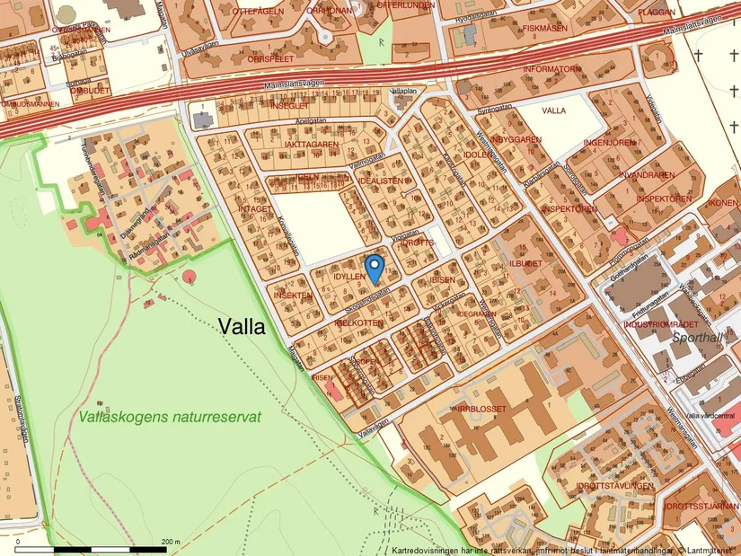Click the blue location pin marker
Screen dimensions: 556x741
point(375,267)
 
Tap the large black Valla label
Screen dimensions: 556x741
point(243,328)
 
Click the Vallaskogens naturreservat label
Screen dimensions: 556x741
point(170,417)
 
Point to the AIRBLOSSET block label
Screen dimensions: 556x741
point(481,409)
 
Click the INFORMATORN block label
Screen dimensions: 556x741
point(552,69)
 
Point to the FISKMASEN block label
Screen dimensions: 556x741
point(544,28)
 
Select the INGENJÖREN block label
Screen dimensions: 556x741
point(611,142)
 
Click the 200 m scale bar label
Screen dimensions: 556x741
point(170,542)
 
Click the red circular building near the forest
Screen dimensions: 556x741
point(190,276)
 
